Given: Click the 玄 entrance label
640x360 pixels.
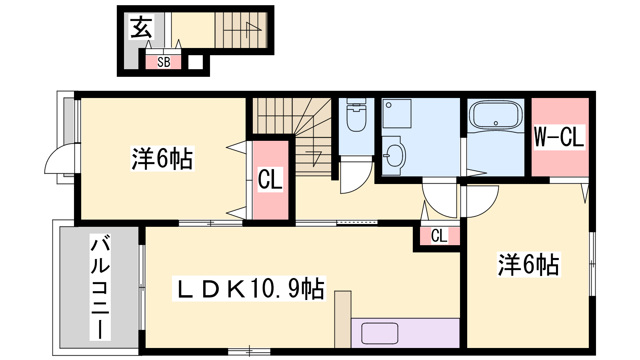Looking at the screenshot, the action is [141, 27].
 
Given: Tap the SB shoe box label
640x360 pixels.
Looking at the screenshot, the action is [164, 62].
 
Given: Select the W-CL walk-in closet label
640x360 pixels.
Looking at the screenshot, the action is [559, 137].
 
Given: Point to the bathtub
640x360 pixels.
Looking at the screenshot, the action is [496, 116].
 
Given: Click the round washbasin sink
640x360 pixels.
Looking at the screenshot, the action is [395, 156].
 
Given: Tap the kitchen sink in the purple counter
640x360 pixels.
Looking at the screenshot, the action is [380, 333].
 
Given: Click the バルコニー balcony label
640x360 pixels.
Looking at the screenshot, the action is [100, 287].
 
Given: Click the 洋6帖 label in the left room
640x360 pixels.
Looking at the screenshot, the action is [162, 158].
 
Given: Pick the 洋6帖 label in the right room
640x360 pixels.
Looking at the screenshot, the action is [529, 264].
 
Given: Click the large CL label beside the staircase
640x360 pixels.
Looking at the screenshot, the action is [270, 179].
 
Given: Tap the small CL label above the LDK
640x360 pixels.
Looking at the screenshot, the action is [439, 236].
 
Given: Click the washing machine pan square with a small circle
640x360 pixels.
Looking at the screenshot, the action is [397, 114].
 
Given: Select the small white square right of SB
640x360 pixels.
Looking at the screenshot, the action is [196, 62].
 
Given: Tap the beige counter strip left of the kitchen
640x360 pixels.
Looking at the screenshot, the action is [343, 320].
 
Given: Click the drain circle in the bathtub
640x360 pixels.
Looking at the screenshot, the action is [496, 123].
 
